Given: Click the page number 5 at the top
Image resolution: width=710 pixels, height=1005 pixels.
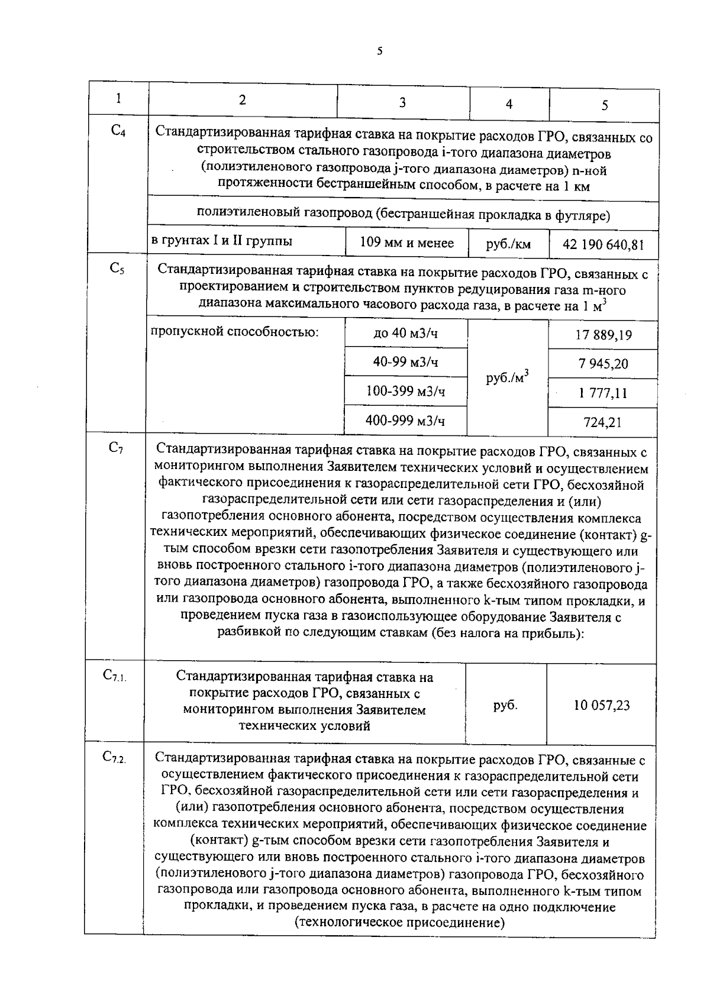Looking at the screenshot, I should (379, 51).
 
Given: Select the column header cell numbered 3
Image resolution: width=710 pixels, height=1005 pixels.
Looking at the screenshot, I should (402, 103).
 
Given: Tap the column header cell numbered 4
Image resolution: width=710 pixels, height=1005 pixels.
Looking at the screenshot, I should (509, 105).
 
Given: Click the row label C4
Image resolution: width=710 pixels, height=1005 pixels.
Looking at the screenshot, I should (118, 131).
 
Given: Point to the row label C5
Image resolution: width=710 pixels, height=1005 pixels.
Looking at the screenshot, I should (117, 268).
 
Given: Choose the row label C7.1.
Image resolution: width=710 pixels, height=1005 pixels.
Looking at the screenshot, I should (114, 675).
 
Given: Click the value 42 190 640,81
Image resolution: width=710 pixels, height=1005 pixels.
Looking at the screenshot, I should (603, 244).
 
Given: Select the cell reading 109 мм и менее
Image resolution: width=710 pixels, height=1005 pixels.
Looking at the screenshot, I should (406, 243).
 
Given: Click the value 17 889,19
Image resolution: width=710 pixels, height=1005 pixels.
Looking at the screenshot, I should (603, 335).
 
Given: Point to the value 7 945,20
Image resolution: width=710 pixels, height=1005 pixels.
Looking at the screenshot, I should (603, 364).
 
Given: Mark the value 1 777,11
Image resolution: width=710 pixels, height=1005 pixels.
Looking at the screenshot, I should (603, 393).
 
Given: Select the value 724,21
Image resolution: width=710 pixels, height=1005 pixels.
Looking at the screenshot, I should (603, 422).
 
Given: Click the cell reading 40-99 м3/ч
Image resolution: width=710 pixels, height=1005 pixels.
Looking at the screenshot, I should (405, 362).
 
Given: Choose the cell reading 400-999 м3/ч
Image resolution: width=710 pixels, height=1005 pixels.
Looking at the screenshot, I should (405, 421).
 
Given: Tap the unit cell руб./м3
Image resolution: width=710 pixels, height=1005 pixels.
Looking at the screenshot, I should (507, 377).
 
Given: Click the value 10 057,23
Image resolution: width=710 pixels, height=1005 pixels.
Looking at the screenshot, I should (602, 705).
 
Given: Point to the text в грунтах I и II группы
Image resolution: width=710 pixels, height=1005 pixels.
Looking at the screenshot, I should (221, 241).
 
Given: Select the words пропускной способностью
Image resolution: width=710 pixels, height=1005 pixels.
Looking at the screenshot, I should (235, 331).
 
